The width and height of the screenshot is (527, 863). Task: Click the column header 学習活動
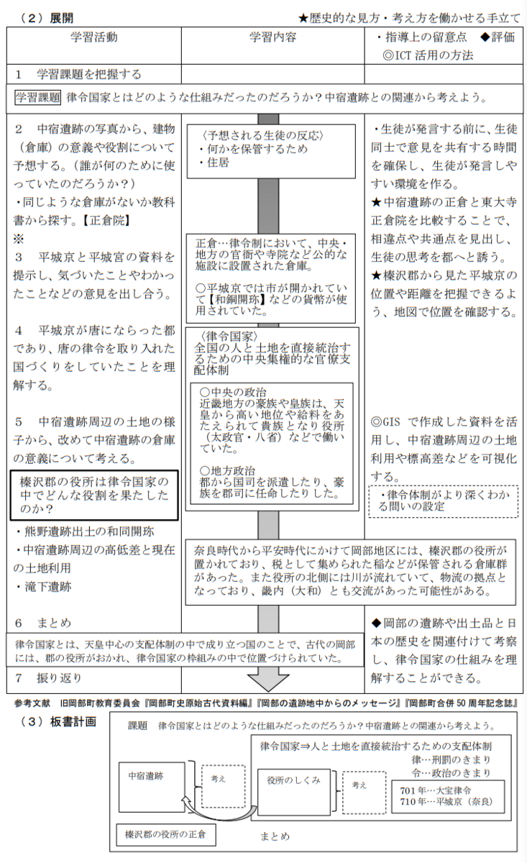tap(94, 37)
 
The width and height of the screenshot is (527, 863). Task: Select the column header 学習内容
tap(272, 37)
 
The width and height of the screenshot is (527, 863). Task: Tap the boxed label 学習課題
tap(39, 97)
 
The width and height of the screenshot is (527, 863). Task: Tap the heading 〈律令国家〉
tap(225, 337)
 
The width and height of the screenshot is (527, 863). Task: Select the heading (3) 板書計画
tap(58, 722)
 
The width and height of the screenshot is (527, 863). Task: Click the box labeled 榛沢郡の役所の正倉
tap(165, 835)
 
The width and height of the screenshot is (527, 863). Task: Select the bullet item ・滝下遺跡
tap(43, 586)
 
